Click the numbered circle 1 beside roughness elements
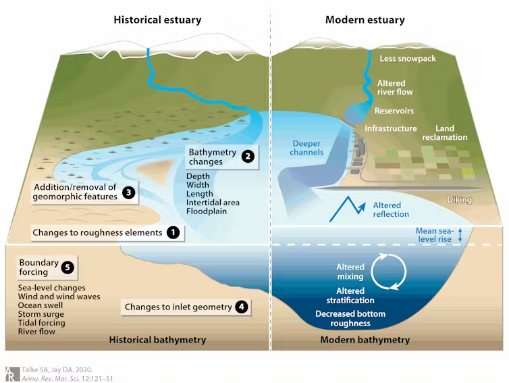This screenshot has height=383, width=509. tap(173, 232)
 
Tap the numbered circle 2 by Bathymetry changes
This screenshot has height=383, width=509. tap(248, 157)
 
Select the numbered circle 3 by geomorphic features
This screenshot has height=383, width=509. tap(128, 191)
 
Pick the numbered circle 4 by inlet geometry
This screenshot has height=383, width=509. tap(241, 307)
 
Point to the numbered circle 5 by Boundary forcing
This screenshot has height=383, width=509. tap(67, 267)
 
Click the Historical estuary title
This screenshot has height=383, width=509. tap(157, 20)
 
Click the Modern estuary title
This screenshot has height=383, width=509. tap(365, 20)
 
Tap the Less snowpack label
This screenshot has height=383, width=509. tap(407, 59)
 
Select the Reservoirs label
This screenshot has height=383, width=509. tap(394, 111)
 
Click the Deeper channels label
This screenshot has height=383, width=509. tap(307, 147)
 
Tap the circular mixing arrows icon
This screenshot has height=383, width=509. tap(392, 270)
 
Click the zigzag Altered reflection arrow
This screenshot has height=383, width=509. tap(348, 206)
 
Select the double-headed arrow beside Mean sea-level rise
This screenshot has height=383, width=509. tap(460, 235)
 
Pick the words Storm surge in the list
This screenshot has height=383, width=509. tap(41, 314)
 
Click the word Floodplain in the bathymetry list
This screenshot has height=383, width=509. tap(207, 211)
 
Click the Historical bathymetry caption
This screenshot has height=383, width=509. tap(157, 340)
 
